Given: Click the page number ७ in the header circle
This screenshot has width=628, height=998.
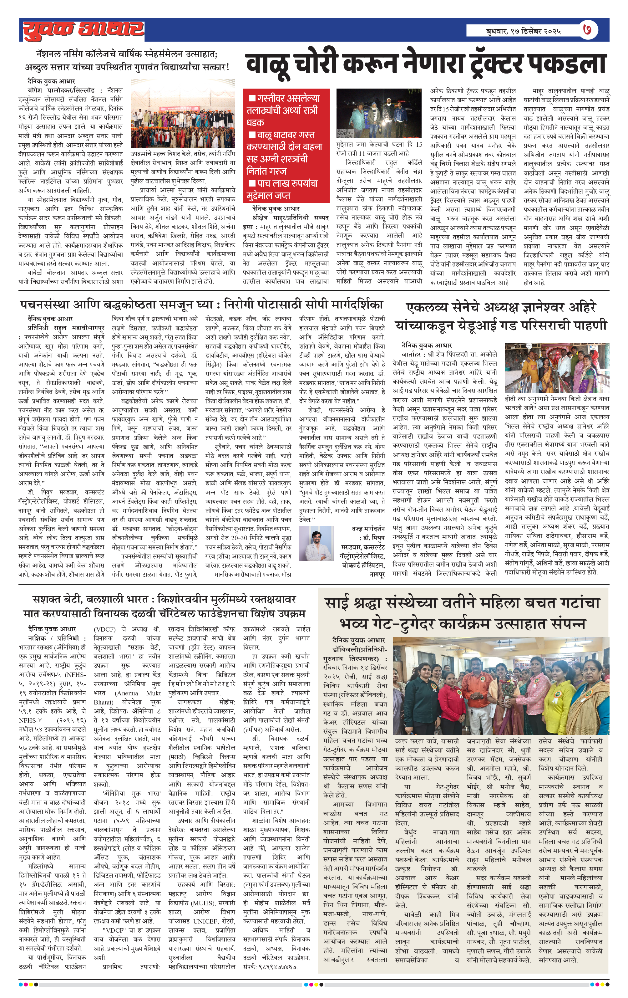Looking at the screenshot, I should pyautogui.click(x=589, y=30).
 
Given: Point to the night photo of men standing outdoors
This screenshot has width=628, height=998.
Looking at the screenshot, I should pyautogui.click(x=379, y=114).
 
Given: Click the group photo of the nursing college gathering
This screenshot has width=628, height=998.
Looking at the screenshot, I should pyautogui.click(x=183, y=120).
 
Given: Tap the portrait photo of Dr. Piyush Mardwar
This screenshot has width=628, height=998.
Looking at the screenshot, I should pyautogui.click(x=317, y=543).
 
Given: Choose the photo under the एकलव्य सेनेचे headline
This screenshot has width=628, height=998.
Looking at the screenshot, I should pyautogui.click(x=557, y=368).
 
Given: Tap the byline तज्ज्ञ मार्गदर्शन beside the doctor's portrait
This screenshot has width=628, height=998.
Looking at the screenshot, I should pyautogui.click(x=368, y=529).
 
